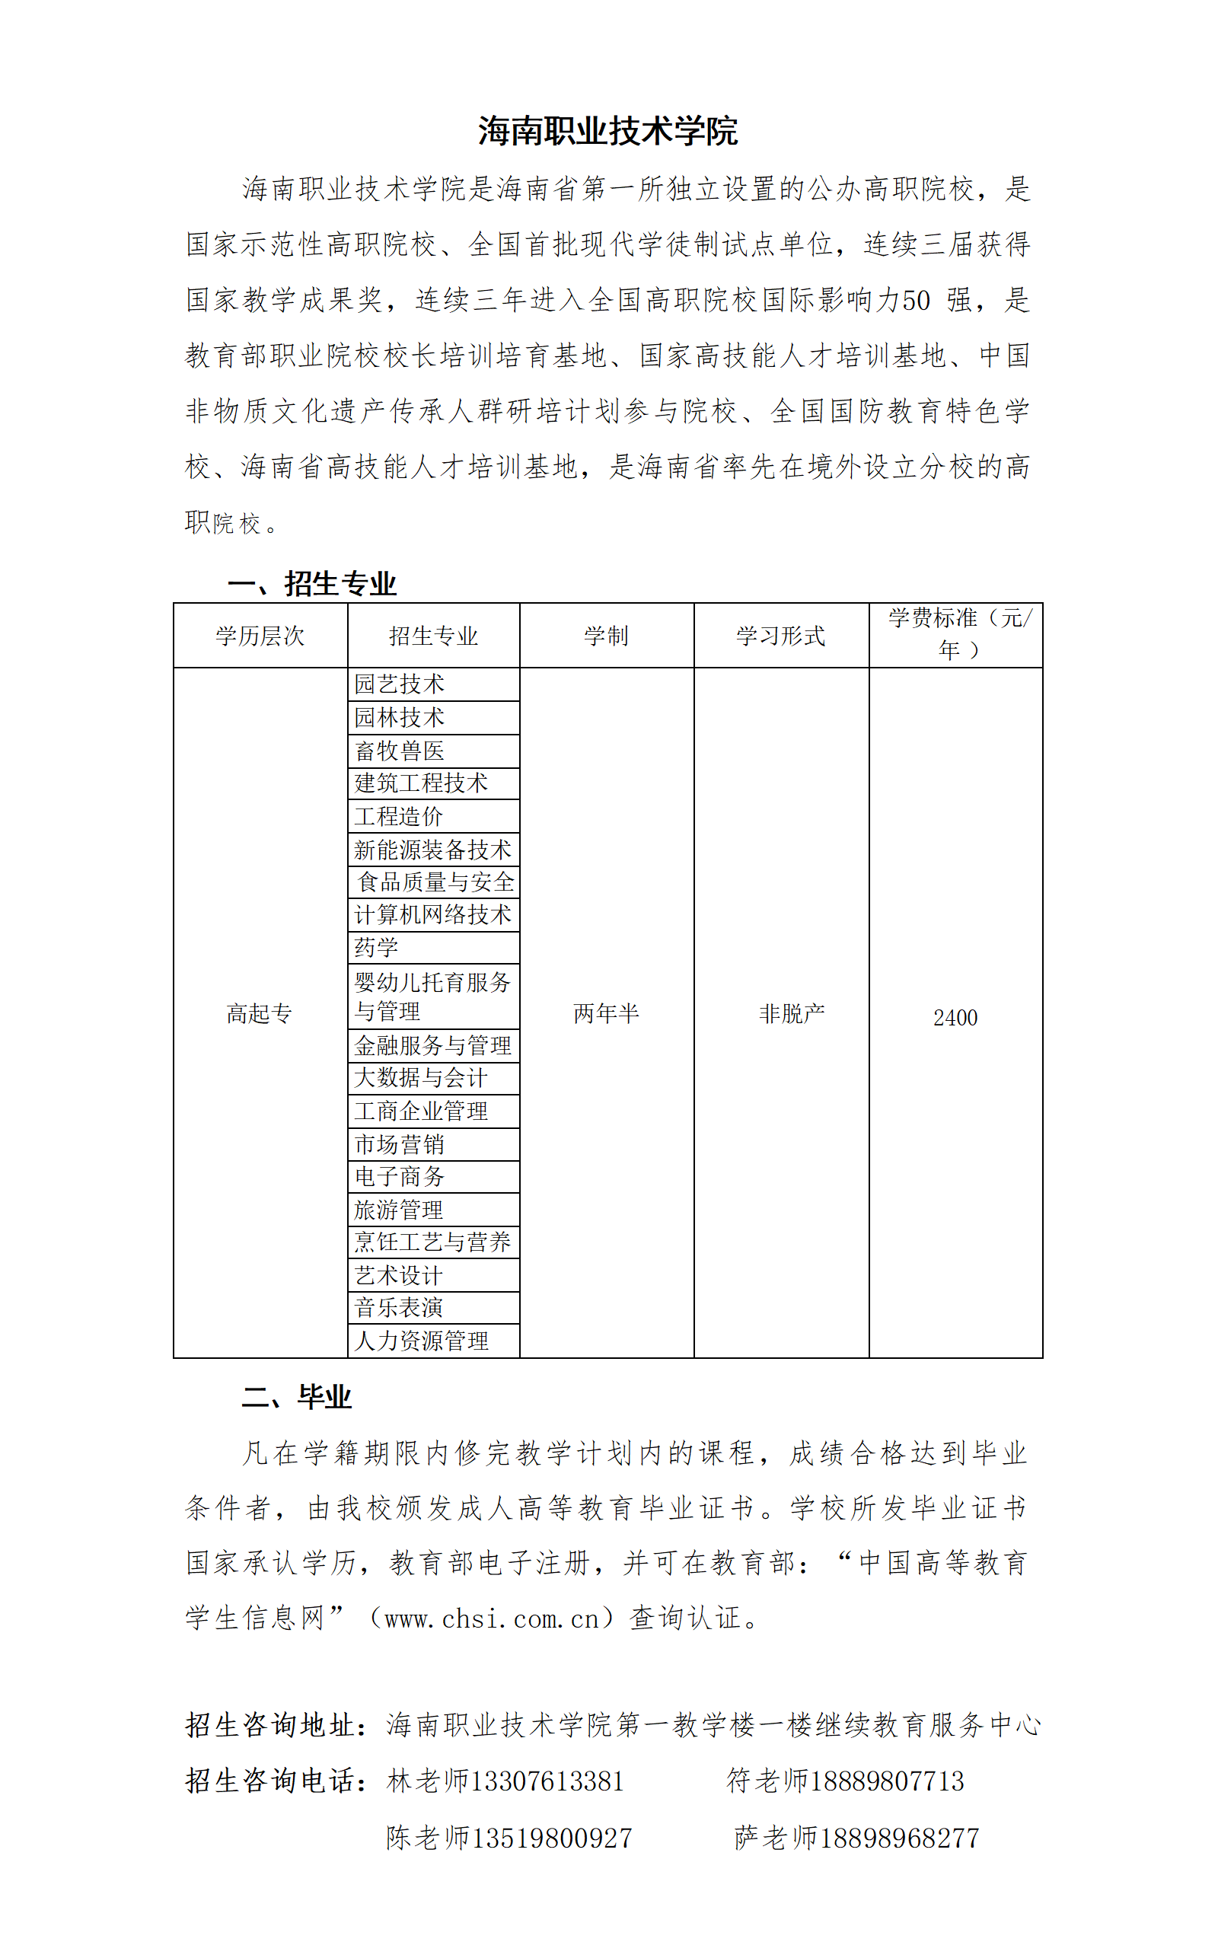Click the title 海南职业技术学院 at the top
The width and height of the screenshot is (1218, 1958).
(x=607, y=131)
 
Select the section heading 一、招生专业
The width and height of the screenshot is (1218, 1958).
(x=312, y=584)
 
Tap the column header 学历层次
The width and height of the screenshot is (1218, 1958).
(x=260, y=636)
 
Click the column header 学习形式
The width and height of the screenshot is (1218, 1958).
(x=780, y=636)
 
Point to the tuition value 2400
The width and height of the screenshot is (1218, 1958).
(x=955, y=1018)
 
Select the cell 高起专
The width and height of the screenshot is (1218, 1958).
(x=259, y=1013)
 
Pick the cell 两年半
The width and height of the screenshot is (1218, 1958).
(x=606, y=1013)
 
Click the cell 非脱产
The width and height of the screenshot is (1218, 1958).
(x=792, y=1013)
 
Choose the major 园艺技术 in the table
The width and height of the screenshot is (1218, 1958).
(x=400, y=684)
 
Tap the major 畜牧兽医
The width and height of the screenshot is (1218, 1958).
(x=400, y=751)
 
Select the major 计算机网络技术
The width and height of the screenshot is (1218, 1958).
(x=432, y=915)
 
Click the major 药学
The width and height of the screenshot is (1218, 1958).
(x=376, y=948)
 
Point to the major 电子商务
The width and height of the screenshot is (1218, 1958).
(x=400, y=1178)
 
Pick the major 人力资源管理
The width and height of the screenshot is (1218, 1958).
(x=421, y=1341)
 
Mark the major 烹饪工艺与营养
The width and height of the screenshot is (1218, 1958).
(x=432, y=1242)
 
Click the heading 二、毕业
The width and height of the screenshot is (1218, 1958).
(x=296, y=1397)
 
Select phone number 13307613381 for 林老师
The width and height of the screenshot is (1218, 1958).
(x=547, y=1781)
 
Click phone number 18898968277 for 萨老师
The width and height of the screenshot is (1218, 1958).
(x=899, y=1838)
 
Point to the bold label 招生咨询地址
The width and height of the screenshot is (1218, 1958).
(x=271, y=1725)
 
